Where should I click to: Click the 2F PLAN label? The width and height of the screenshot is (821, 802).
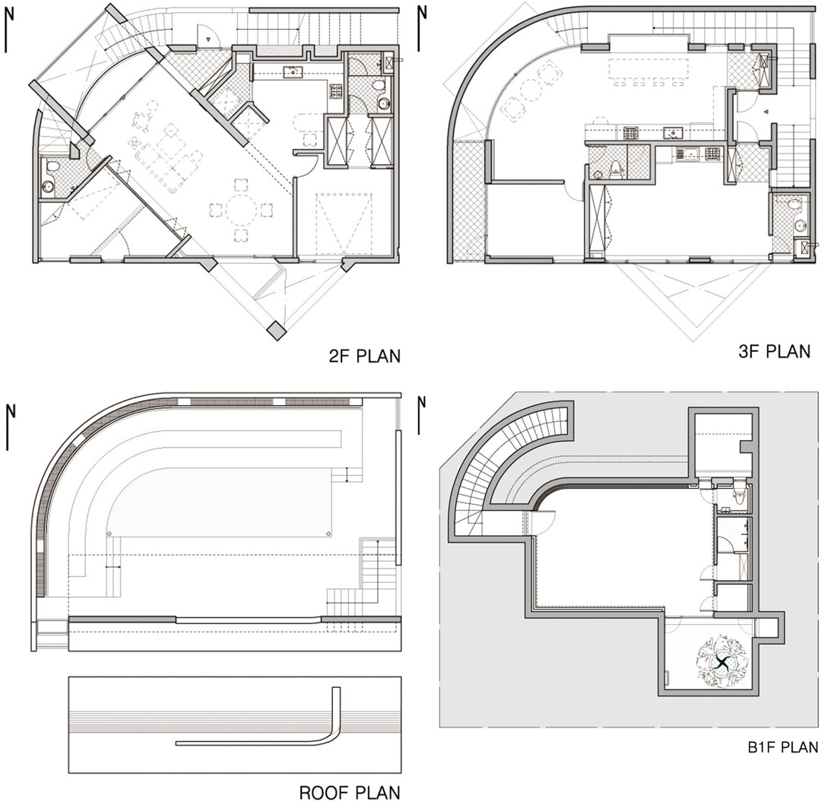tap(364, 356)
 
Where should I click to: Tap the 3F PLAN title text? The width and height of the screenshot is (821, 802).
tap(775, 351)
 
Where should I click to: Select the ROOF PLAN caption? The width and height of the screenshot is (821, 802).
tap(349, 793)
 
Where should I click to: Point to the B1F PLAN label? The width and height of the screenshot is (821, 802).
tap(783, 747)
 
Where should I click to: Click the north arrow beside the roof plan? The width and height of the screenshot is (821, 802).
tap(10, 426)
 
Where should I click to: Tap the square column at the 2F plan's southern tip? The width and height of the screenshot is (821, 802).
tap(274, 331)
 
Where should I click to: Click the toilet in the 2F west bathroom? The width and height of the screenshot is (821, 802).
tap(52, 167)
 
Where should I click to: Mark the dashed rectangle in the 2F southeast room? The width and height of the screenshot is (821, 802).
tap(344, 221)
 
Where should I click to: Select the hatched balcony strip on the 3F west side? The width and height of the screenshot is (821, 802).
tap(469, 201)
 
